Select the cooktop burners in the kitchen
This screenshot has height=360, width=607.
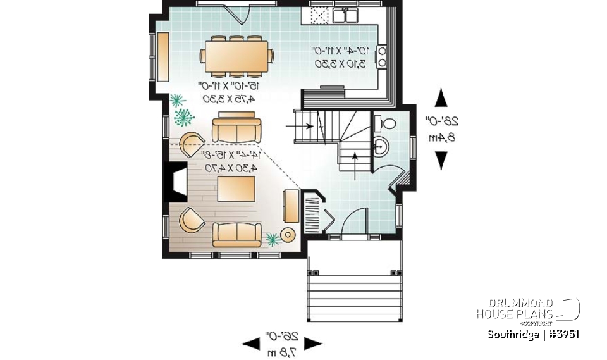coord(382,56)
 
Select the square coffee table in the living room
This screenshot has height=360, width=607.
coord(236,189)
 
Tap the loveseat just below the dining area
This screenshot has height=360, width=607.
coord(235,129)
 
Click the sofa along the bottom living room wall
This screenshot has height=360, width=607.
coord(237,235)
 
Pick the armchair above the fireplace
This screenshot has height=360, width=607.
coord(192,146)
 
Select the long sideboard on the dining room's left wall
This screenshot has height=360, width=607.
coord(162,57)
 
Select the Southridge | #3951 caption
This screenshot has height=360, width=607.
coord(533,335)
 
